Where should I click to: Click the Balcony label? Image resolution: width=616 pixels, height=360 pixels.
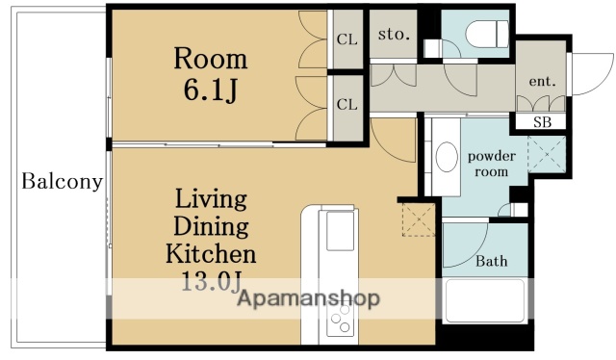click(62, 182)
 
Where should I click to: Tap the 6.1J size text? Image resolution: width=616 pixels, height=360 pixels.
click(211, 90)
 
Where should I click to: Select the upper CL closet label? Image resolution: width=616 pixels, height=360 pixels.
click(347, 39)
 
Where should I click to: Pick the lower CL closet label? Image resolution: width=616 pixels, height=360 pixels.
click(347, 105)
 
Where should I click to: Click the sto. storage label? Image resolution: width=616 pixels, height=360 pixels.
click(394, 35)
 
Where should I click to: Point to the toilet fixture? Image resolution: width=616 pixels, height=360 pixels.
click(487, 34)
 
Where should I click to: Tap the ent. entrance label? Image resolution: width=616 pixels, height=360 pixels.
click(542, 81)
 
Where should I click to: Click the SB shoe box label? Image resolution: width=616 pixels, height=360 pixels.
click(543, 122)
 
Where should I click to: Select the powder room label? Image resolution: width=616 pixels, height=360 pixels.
click(492, 164)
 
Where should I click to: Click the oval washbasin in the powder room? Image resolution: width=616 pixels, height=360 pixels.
click(447, 157)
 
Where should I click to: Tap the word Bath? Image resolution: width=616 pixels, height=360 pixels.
click(492, 261)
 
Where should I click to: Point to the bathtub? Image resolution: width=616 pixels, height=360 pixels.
click(485, 300)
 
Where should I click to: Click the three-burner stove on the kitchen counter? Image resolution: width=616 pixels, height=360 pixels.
click(340, 320)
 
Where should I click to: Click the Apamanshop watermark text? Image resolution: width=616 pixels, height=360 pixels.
click(309, 298)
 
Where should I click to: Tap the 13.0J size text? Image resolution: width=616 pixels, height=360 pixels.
click(211, 281)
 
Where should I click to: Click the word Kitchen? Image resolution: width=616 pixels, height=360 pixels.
click(211, 254)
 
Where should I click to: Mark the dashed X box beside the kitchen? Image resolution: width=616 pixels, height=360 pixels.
click(419, 219)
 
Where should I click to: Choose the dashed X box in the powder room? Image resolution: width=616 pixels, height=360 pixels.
click(547, 154)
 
